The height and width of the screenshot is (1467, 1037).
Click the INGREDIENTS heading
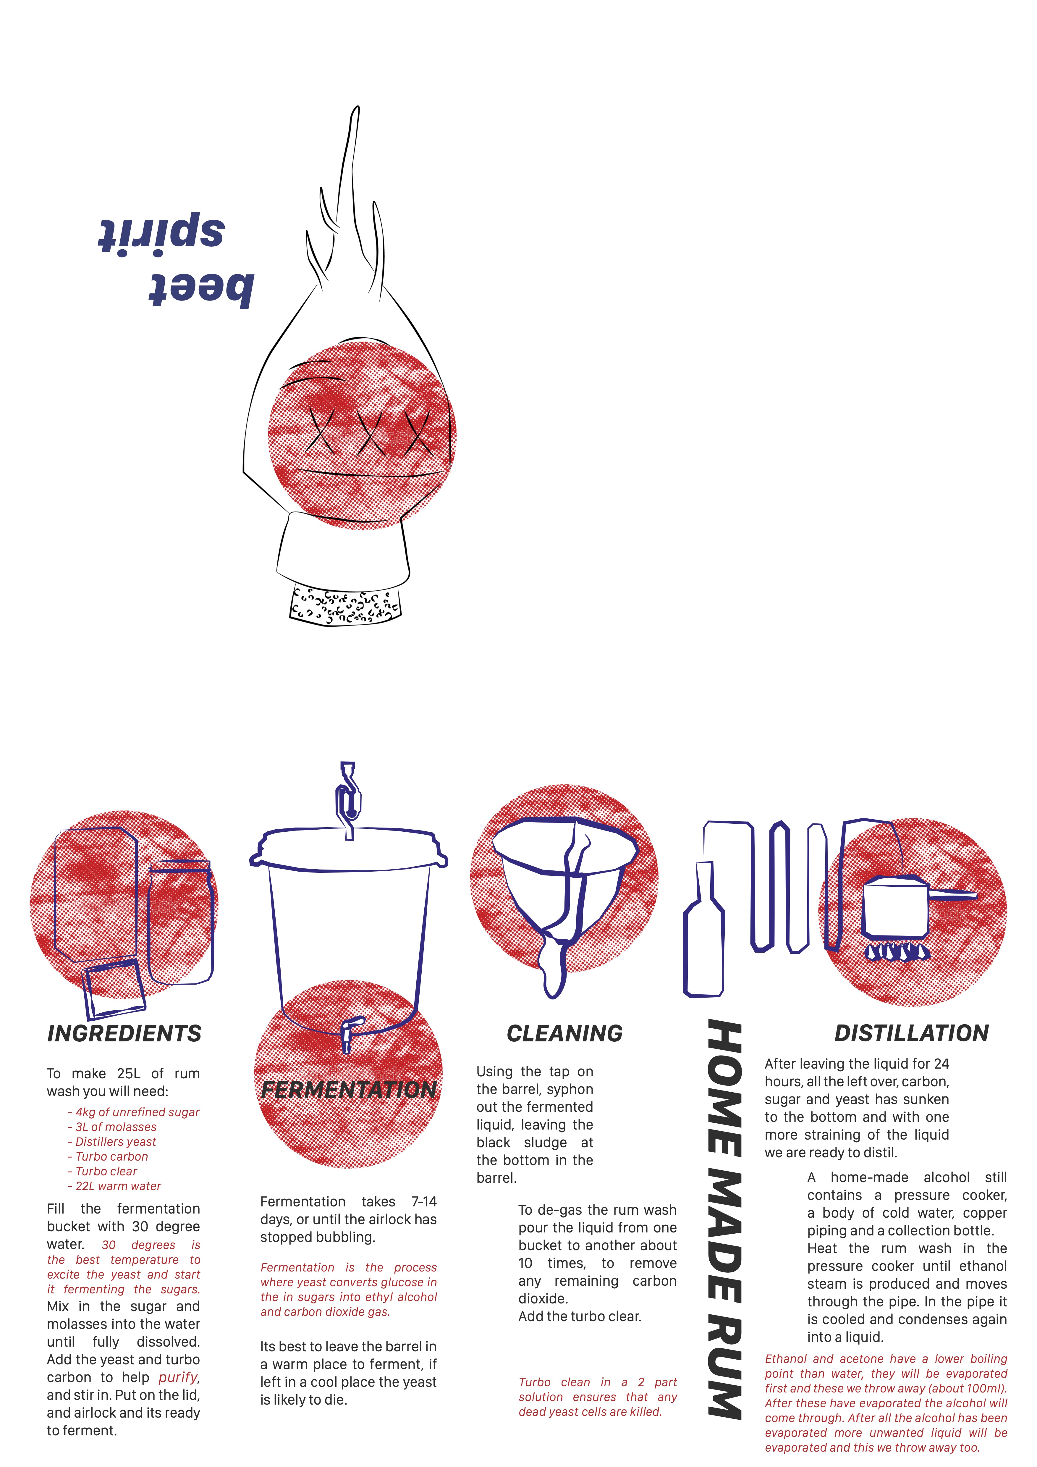(124, 1033)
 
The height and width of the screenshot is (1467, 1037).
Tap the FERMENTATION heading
(349, 1089)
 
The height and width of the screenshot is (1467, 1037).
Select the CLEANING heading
(565, 1033)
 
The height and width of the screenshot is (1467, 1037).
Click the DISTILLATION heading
(912, 1033)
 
